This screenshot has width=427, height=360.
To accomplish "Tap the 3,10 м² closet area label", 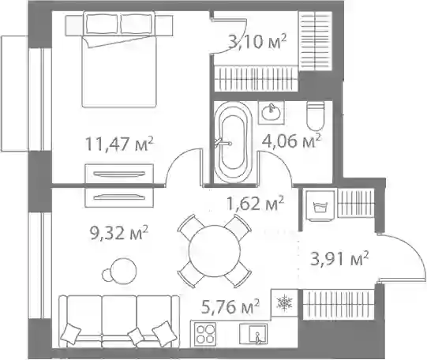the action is [257, 42].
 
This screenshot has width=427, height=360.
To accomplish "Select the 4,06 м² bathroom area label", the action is [291, 141].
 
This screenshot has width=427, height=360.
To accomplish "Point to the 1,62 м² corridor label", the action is [256, 204].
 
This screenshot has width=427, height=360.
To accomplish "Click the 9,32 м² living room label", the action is [119, 233].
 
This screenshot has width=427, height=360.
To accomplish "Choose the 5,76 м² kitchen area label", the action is [230, 306].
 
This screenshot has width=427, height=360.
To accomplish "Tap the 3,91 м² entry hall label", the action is [339, 258].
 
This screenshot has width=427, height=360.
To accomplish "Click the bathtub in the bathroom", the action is [234, 142].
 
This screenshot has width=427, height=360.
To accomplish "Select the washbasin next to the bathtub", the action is [272, 113].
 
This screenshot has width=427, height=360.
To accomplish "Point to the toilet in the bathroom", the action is [316, 116].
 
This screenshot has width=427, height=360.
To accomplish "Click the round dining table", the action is [215, 250].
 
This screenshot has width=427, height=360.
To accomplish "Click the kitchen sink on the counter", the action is [253, 334].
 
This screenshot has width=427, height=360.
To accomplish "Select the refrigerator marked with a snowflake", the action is [284, 302].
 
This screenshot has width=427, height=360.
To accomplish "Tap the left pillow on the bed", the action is [102, 24].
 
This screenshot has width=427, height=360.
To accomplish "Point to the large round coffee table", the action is [124, 271].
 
